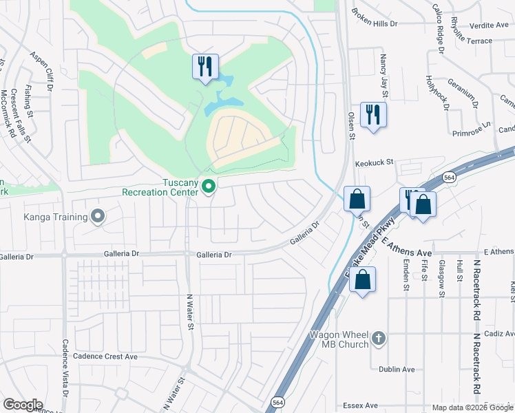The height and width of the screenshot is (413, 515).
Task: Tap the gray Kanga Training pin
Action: (98, 217)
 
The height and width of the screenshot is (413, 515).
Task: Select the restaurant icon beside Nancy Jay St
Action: (373, 114)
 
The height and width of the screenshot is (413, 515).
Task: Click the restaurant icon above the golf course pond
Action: (205, 67)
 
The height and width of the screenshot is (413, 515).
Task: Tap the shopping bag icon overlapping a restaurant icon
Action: (425, 204)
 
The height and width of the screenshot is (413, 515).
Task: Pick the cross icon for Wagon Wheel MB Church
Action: (378, 338)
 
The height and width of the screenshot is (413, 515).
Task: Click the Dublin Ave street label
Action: (395, 370)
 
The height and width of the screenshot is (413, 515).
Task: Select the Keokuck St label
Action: (373, 163)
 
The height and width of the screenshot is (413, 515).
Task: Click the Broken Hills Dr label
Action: (375, 17)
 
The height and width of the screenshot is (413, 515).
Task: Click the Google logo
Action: (23, 405)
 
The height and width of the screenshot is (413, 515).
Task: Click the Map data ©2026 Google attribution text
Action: (472, 407)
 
